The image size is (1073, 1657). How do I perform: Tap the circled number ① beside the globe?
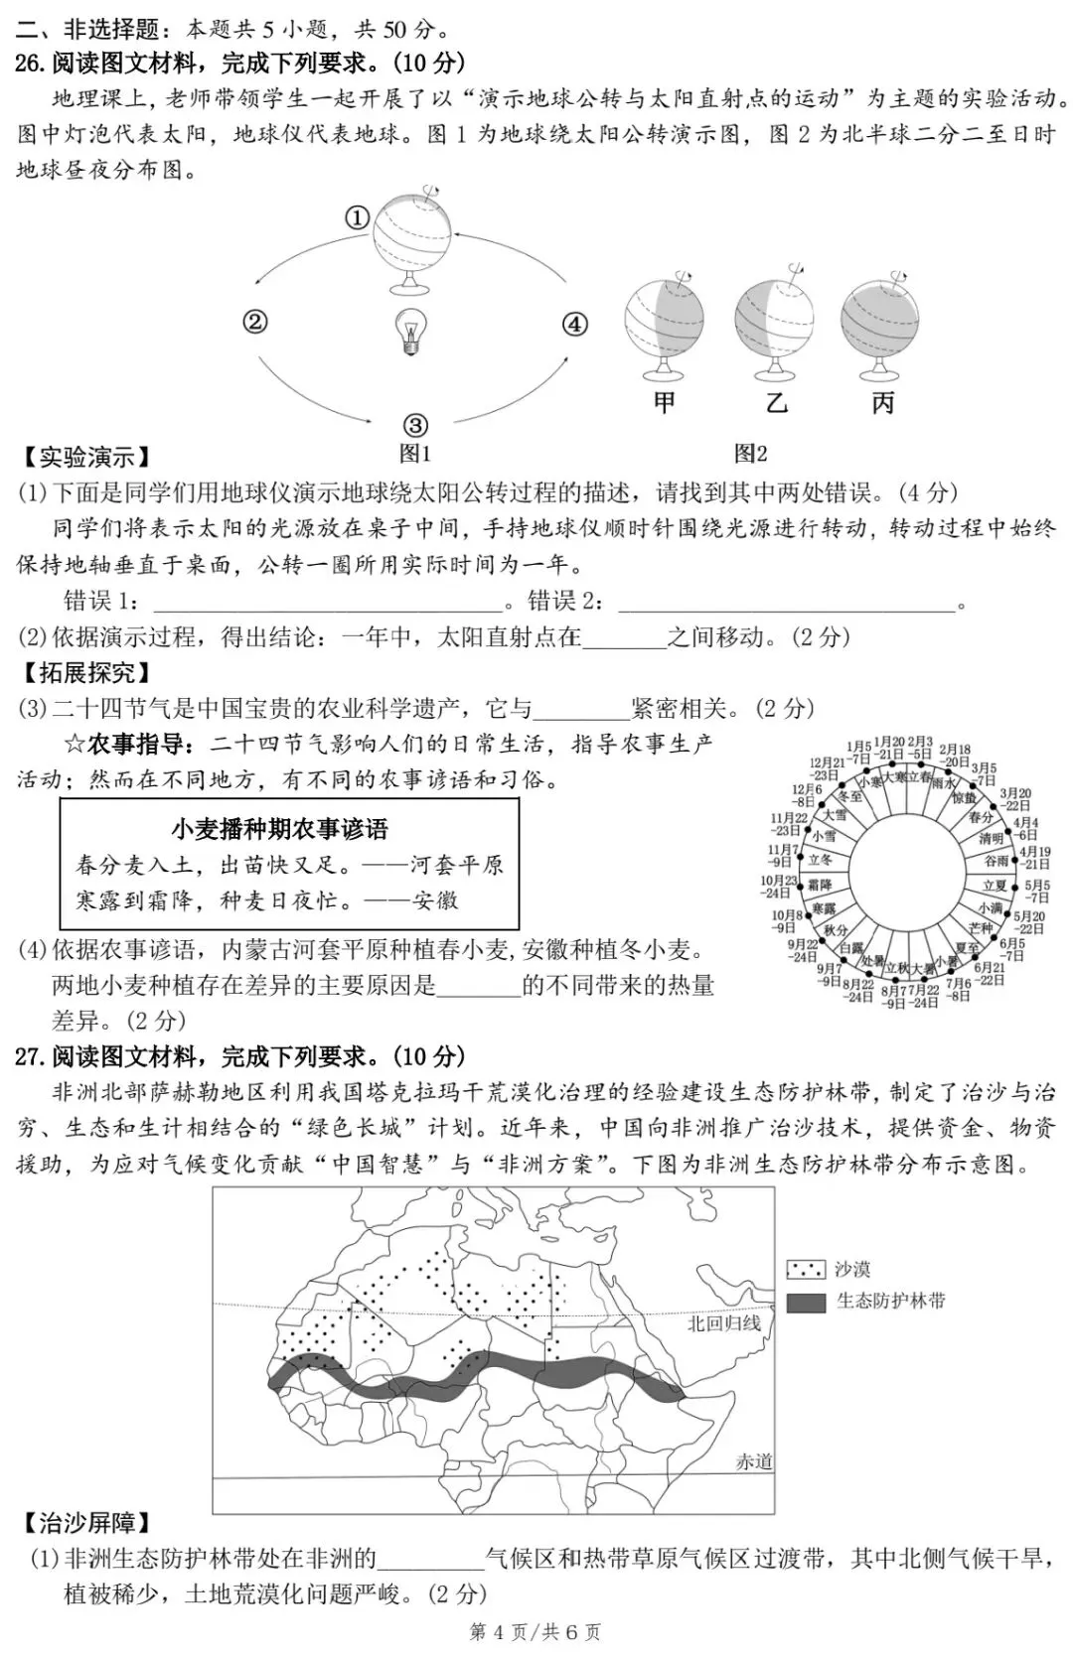click(358, 217)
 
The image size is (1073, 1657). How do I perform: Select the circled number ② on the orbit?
click(255, 321)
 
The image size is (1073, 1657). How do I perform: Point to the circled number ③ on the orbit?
click(414, 426)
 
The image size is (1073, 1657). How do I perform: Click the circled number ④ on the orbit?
click(575, 324)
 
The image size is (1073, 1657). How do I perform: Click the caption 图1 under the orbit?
click(414, 455)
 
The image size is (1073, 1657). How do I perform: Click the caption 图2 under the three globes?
click(750, 455)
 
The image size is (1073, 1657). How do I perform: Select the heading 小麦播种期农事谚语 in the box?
click(279, 829)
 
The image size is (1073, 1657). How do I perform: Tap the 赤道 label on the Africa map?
click(754, 1461)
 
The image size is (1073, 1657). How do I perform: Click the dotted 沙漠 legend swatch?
click(806, 1269)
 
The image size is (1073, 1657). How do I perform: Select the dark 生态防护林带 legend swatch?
click(806, 1302)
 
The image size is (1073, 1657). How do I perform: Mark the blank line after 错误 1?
click(328, 603)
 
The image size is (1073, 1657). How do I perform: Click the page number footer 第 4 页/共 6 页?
click(535, 1632)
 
